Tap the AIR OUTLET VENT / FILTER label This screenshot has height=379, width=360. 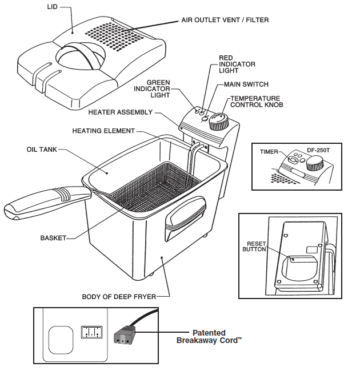pyautogui.click(x=225, y=20)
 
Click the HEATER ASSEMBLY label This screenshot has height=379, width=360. pyautogui.click(x=121, y=112)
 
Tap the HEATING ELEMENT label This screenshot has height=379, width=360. pyautogui.click(x=103, y=131)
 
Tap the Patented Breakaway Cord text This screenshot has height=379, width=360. pyautogui.click(x=209, y=336)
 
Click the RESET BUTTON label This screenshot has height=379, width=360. pyautogui.click(x=254, y=246)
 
